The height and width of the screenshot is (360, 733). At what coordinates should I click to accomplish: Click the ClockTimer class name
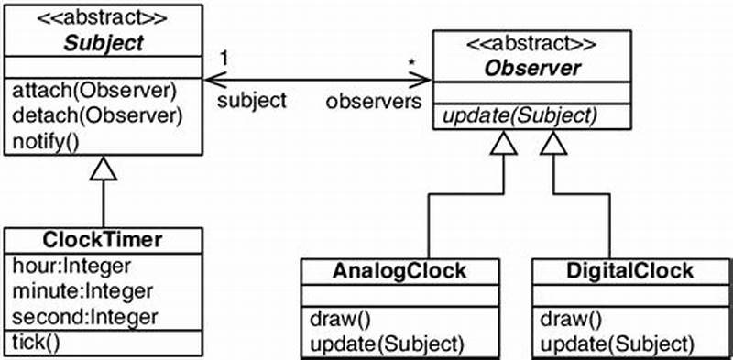103,240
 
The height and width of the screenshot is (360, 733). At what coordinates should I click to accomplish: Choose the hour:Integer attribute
71,266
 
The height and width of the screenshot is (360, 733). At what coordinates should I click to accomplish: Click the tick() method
35,343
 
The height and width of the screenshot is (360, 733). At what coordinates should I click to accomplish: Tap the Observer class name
519,68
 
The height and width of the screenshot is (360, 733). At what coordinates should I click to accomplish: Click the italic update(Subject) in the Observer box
520,116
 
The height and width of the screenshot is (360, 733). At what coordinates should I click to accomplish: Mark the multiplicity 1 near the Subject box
224,58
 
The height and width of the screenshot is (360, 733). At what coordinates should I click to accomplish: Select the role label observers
371,101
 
